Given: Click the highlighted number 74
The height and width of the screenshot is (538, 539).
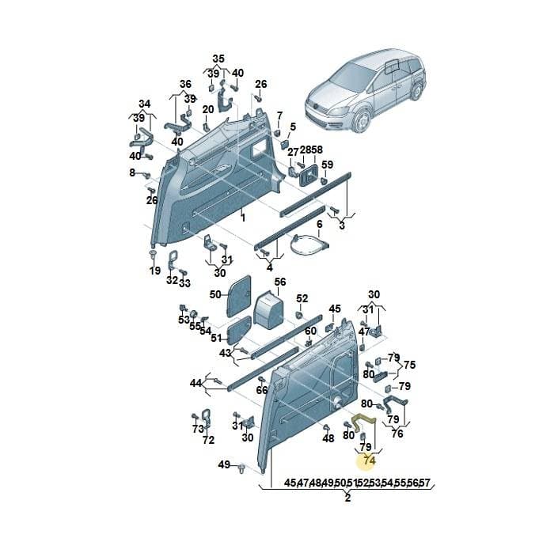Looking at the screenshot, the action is [x=370, y=460].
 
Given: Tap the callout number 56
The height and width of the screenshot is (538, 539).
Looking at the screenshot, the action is [x=280, y=282].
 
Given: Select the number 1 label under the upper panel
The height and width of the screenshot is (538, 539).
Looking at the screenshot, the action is [x=243, y=218].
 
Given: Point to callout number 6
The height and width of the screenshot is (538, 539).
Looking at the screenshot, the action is [x=319, y=224].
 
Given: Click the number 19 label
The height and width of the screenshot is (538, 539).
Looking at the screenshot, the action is [x=155, y=271].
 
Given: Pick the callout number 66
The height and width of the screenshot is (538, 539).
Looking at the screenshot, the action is [x=262, y=390].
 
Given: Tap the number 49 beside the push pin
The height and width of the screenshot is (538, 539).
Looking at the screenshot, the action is [x=224, y=464].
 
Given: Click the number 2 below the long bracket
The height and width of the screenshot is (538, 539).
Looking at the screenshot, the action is [x=347, y=498].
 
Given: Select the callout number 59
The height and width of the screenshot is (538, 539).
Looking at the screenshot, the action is [x=327, y=165].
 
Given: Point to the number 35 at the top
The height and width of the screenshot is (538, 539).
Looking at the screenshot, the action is [x=218, y=59].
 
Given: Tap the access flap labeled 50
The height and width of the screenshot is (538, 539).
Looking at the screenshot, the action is [x=238, y=295].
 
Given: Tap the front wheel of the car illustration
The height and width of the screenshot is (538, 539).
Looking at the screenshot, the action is [x=362, y=122].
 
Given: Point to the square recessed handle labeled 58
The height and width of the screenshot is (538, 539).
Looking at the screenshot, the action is [x=309, y=175].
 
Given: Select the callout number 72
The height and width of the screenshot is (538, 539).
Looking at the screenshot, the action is [x=208, y=440].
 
